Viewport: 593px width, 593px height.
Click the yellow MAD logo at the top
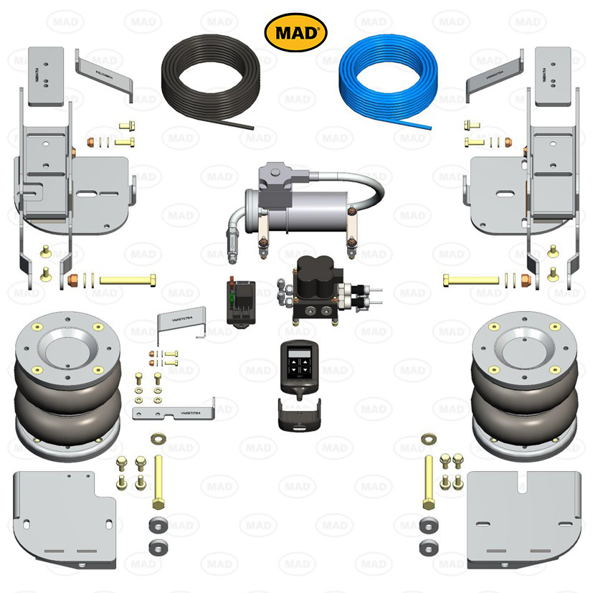296,32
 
